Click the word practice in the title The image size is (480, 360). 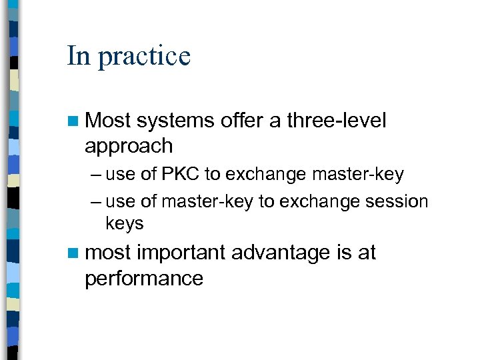144,57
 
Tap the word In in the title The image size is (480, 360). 78,55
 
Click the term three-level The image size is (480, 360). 336,121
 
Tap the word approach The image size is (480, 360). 129,146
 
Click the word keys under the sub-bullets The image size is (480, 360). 125,223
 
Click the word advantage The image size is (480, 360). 281,253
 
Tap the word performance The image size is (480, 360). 143,278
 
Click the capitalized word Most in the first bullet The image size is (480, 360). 108,121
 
